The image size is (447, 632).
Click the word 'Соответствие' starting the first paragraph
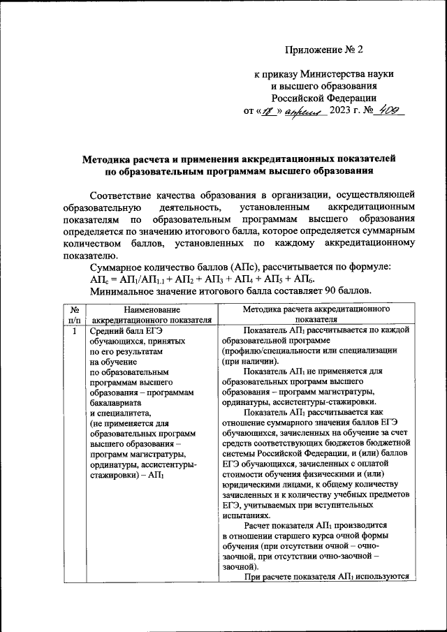(x=128, y=194)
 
